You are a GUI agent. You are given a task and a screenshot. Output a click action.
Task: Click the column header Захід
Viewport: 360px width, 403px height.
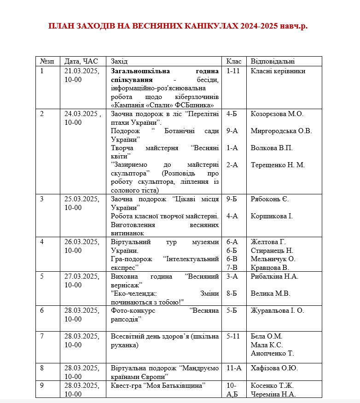(x=119, y=61)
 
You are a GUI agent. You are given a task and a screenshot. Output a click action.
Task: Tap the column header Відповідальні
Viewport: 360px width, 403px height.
(x=273, y=61)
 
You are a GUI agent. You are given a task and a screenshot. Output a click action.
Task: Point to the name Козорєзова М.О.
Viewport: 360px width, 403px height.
(x=277, y=114)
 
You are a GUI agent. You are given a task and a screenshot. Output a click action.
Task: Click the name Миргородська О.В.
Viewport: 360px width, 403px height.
(x=281, y=131)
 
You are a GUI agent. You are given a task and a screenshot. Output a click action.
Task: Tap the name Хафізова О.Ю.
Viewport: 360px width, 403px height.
(x=274, y=368)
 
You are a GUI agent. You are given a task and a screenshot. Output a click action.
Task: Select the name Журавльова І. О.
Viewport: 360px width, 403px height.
(x=277, y=310)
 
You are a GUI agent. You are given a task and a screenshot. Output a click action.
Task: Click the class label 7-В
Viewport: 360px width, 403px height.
(x=232, y=267)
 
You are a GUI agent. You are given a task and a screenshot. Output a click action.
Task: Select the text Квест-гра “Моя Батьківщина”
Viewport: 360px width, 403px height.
(x=157, y=385)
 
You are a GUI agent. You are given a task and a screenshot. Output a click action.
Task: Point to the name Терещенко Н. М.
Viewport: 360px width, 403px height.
(x=278, y=165)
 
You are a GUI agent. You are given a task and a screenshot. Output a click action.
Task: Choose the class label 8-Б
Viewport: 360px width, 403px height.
(x=232, y=293)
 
